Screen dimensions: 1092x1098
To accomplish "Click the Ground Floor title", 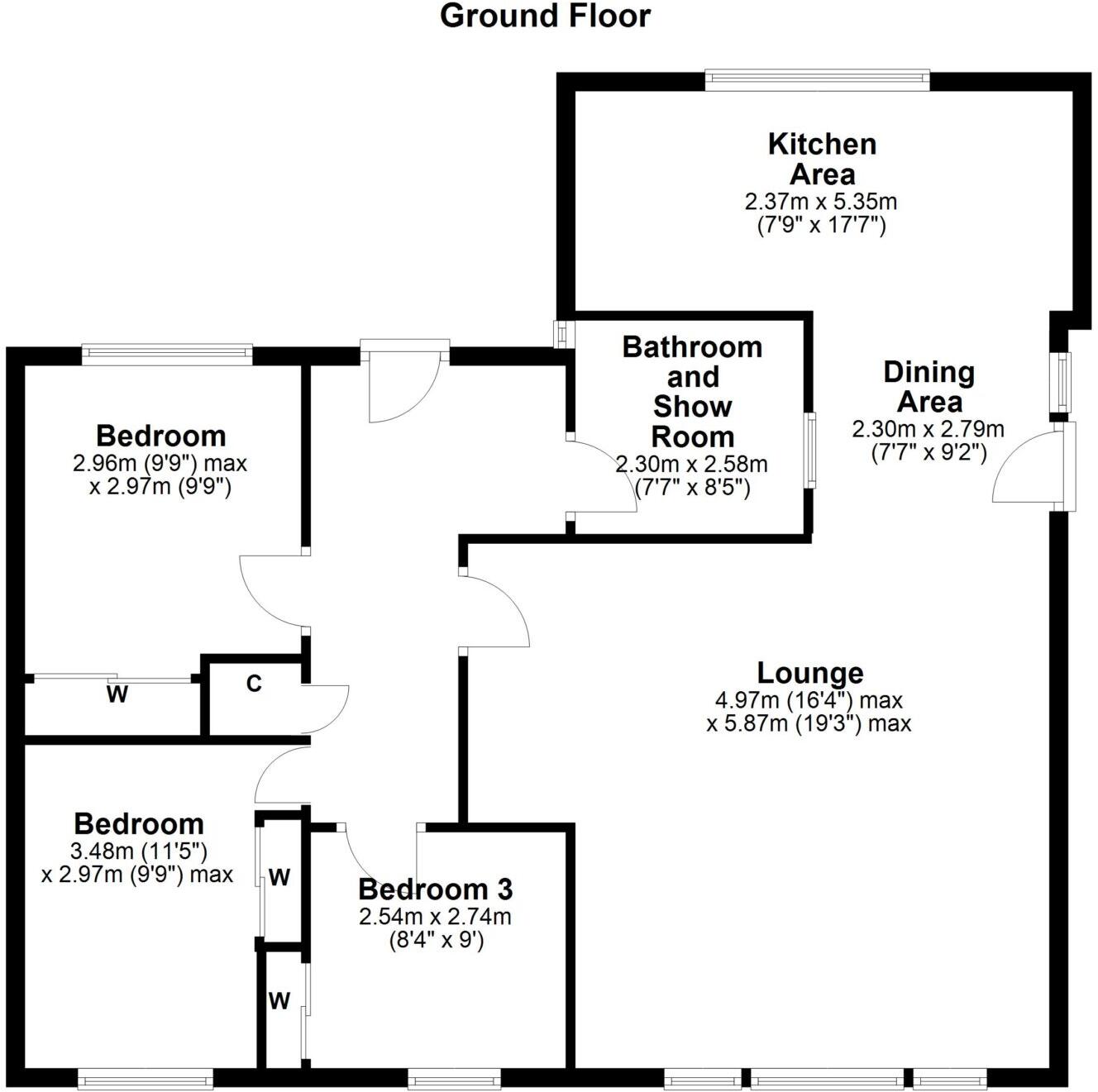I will point(545,16).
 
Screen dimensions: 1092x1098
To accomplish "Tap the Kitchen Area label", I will point(822,159).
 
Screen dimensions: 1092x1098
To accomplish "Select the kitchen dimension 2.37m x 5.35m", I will point(821,201).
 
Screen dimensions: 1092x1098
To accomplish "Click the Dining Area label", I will point(929,387).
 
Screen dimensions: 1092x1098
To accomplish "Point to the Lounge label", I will point(810,673).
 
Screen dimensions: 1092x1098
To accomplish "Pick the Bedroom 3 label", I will point(436,889).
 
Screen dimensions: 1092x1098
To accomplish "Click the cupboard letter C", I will point(254,684).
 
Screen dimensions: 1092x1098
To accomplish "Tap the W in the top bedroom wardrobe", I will point(117,695).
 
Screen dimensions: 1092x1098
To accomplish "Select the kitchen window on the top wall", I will point(817,80).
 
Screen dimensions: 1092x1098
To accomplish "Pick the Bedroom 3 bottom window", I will point(454,1077).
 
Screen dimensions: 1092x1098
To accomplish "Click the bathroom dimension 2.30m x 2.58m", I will point(691,465).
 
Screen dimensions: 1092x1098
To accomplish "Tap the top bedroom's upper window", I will point(167,355).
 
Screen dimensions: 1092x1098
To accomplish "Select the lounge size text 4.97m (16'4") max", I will point(809,700).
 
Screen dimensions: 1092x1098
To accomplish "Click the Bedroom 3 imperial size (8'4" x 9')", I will point(436,939).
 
